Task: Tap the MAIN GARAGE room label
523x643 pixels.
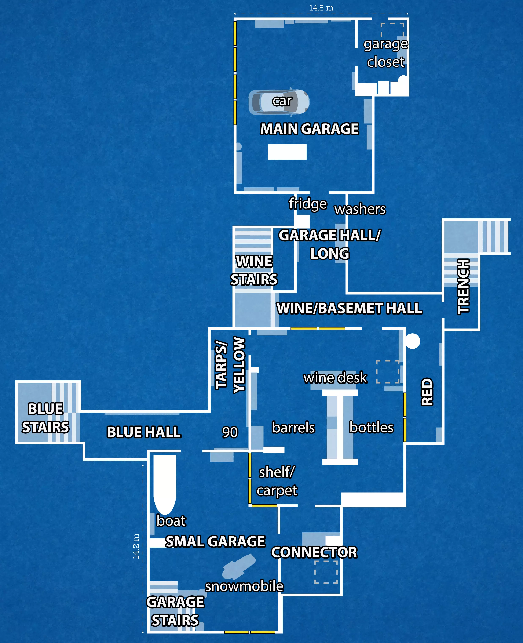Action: (x=309, y=129)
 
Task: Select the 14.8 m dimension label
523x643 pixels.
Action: (x=321, y=8)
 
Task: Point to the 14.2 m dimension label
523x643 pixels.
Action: (x=136, y=546)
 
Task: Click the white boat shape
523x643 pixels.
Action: (x=165, y=484)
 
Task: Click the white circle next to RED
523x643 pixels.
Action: (x=412, y=341)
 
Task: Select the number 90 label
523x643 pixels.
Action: (x=230, y=432)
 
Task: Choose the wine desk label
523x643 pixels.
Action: (x=335, y=378)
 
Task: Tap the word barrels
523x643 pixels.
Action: (x=293, y=428)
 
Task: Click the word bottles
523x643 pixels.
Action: (x=371, y=428)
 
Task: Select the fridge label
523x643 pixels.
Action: (x=308, y=204)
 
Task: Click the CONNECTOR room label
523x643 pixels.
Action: (x=314, y=552)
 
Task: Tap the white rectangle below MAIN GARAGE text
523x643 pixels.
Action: (x=287, y=152)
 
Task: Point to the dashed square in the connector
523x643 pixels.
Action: (x=326, y=572)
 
